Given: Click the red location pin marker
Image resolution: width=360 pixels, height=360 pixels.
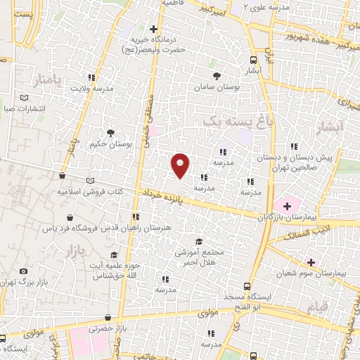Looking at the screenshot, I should pyautogui.click(x=180, y=164).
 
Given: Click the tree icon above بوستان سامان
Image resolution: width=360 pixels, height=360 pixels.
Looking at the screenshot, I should pyautogui.click(x=216, y=76).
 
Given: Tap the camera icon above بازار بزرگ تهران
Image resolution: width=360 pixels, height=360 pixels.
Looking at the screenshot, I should pyautogui.click(x=23, y=271).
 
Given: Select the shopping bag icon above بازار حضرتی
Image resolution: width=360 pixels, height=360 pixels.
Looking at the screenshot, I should pyautogui.click(x=107, y=319).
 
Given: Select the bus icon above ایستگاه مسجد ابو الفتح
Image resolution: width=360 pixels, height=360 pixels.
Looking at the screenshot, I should pyautogui.click(x=246, y=286).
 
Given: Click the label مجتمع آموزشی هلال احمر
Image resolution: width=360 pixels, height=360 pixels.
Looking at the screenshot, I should pyautogui.click(x=207, y=257).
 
